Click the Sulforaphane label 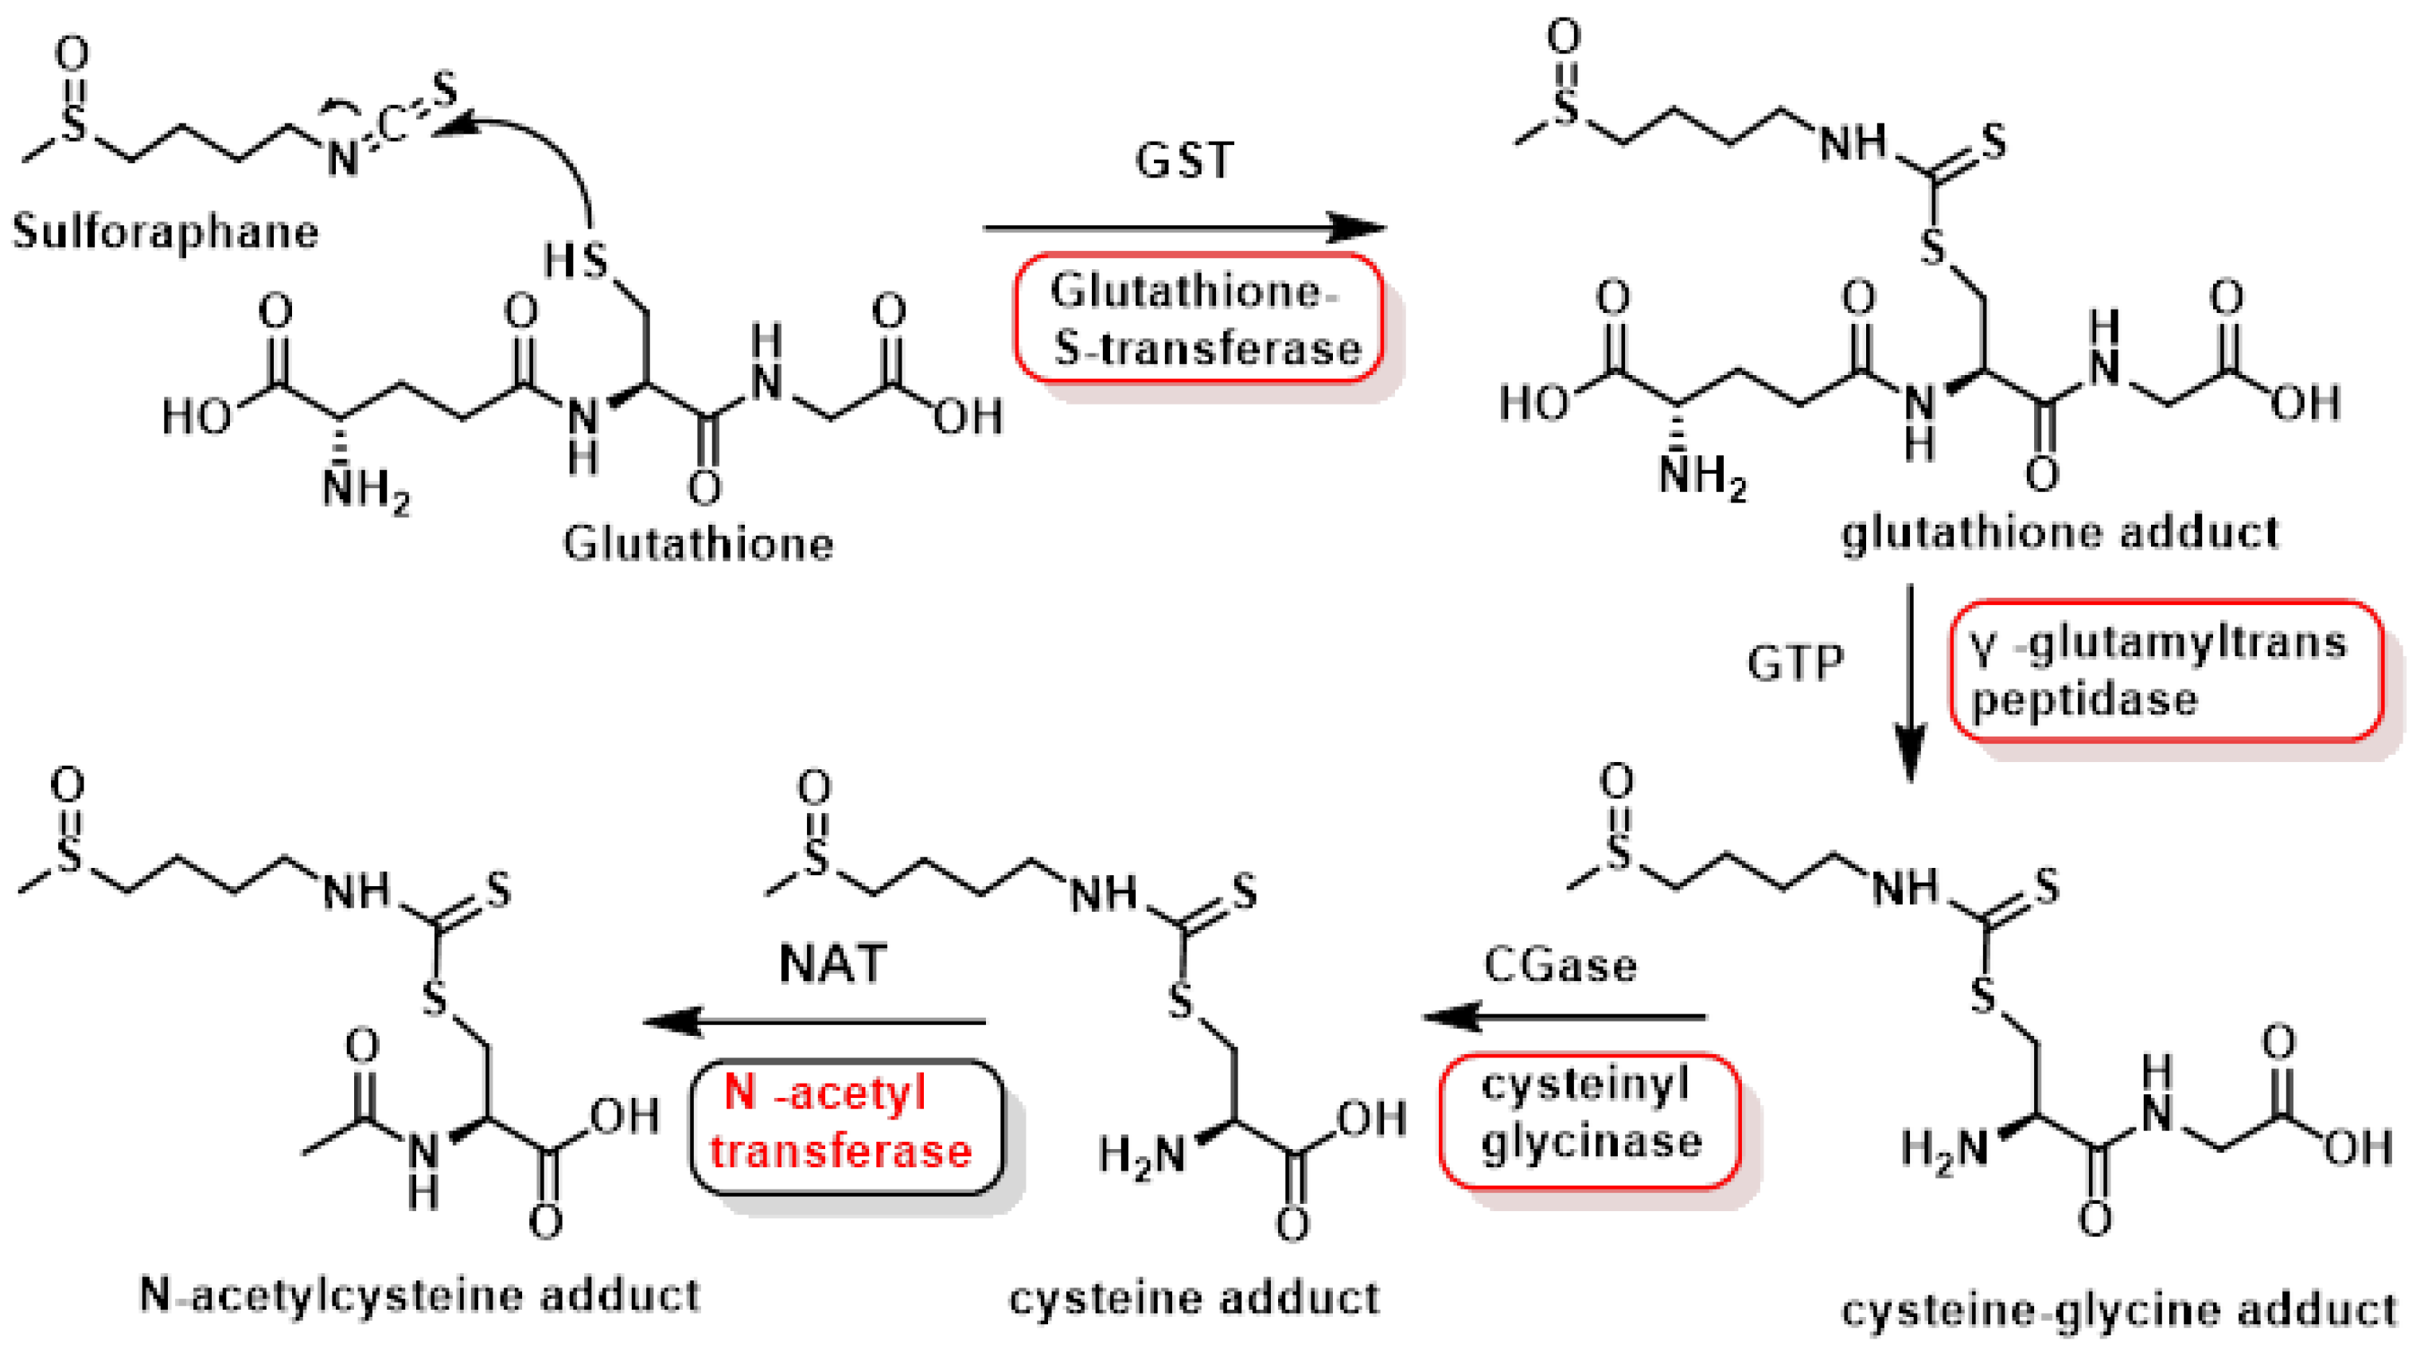[x=166, y=231]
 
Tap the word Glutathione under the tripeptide [x=698, y=543]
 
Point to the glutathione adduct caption [x=2060, y=533]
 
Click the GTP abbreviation [x=1795, y=662]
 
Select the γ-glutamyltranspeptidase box [x=2165, y=671]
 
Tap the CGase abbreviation [x=1560, y=966]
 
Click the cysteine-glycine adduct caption [x=2119, y=1310]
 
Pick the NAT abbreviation [x=832, y=964]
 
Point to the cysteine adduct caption [x=1194, y=1299]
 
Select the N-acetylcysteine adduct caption [x=419, y=1295]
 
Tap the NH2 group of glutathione [x=364, y=489]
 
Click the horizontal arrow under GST [x=1183, y=228]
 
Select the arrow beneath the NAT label [x=813, y=1022]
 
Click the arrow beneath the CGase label [x=1565, y=1017]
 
